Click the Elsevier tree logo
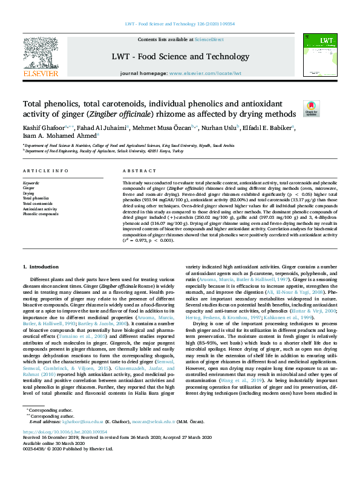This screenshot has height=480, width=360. (x=41, y=56)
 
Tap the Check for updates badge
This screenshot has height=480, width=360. (x=310, y=108)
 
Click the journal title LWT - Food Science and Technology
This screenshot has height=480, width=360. (x=180, y=57)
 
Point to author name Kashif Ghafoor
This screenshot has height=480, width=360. (x=43, y=128)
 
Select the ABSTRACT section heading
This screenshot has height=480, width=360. (x=136, y=171)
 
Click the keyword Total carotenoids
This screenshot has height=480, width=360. (x=38, y=203)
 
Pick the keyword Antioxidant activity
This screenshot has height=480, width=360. (x=38, y=209)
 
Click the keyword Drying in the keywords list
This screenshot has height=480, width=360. (x=29, y=193)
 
